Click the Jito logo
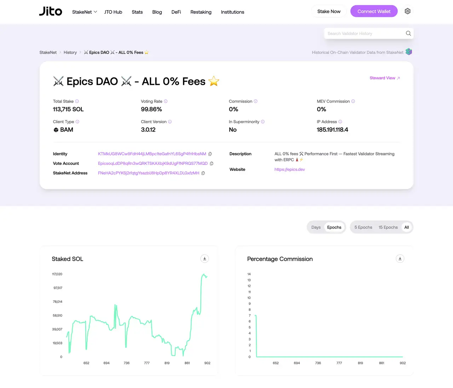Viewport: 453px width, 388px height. coord(51,11)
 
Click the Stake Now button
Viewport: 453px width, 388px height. coord(329,11)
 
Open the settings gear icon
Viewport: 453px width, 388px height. coord(407,11)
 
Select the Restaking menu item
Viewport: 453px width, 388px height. coord(201,12)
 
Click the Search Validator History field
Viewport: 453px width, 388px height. coord(365,34)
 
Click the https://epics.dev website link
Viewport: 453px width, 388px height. coord(289,169)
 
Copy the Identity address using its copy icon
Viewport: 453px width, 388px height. coord(210,154)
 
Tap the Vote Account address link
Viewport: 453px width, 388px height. coord(153,163)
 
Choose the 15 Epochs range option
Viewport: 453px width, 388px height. coord(388,227)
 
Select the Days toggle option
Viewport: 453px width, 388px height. coord(316,227)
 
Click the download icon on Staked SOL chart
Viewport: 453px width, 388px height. coord(205,259)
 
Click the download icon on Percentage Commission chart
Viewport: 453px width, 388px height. coord(400,259)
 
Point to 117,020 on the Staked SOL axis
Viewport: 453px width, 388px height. coord(57,274)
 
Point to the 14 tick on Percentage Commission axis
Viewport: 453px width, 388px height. coord(249,274)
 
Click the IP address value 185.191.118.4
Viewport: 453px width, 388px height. coord(332,130)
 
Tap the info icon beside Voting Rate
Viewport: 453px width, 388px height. coord(166,102)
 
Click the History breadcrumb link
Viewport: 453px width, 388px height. coord(70,52)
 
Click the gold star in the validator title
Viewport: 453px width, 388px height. coord(214,81)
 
